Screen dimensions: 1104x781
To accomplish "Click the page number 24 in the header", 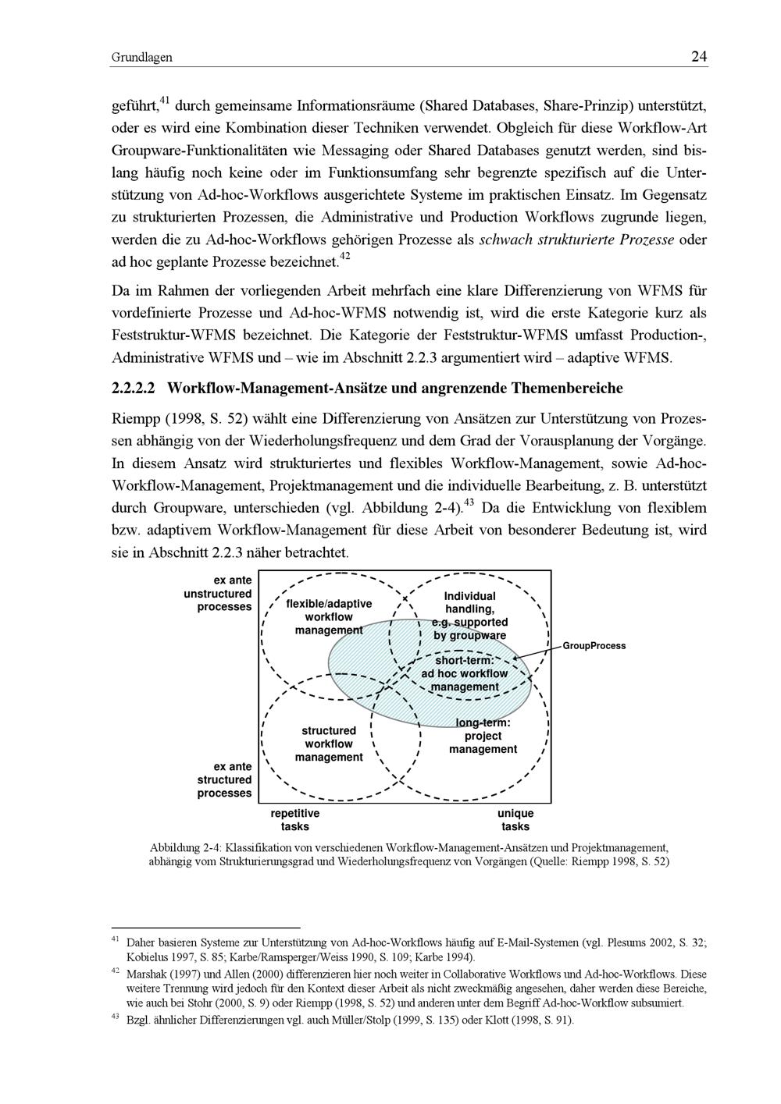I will (x=699, y=57).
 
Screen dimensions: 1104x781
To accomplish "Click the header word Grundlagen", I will (x=141, y=58).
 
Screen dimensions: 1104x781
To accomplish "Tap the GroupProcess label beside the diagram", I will (x=594, y=646).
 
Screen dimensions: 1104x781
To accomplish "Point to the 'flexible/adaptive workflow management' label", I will (x=329, y=616).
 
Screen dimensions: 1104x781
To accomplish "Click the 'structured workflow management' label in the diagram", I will (x=329, y=744).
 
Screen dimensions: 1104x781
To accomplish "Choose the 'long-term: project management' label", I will (x=483, y=736).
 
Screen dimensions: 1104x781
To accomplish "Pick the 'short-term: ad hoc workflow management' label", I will (x=465, y=673).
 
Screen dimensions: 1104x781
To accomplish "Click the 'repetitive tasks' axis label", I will (x=294, y=820).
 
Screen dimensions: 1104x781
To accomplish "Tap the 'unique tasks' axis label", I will (x=515, y=820).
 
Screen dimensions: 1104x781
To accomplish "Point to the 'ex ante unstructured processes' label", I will (x=219, y=594).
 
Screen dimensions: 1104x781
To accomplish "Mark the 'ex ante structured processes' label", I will (x=225, y=779).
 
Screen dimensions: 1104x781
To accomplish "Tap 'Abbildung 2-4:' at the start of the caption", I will (x=186, y=848).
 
